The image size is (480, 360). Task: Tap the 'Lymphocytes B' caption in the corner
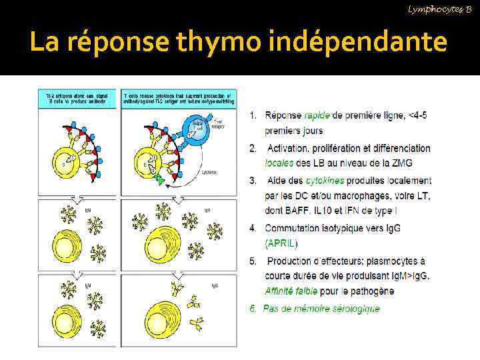[x=439, y=7]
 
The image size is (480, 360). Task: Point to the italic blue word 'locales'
[x=279, y=163]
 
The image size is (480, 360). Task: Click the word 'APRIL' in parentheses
[x=281, y=243]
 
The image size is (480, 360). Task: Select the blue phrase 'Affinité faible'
[x=291, y=291]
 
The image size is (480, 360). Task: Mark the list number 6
[x=253, y=309]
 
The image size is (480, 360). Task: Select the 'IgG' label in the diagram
[x=215, y=286]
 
